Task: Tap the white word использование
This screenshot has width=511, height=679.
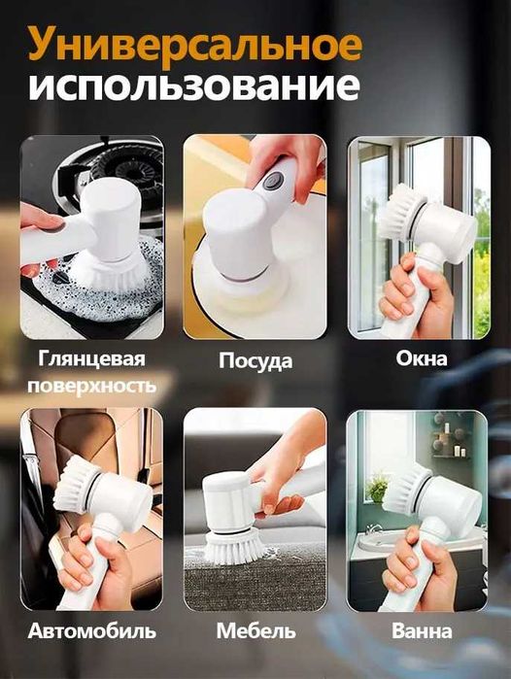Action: [194, 88]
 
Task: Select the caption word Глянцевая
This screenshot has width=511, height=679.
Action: [92, 359]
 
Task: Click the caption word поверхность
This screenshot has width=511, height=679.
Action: [92, 386]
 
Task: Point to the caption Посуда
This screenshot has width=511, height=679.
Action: [255, 361]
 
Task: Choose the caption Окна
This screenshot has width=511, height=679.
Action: [422, 358]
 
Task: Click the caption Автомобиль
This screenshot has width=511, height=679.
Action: [92, 630]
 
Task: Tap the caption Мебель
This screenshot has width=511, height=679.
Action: [255, 630]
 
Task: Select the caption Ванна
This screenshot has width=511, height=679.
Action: [420, 630]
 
